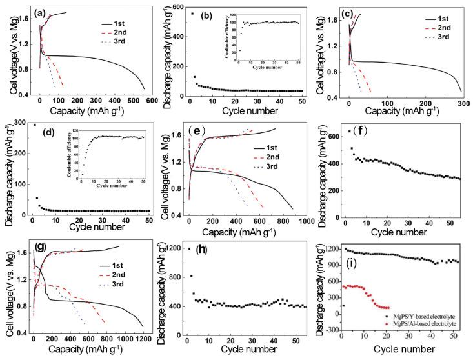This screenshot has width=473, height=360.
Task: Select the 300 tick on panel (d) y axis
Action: pos(20,125)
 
